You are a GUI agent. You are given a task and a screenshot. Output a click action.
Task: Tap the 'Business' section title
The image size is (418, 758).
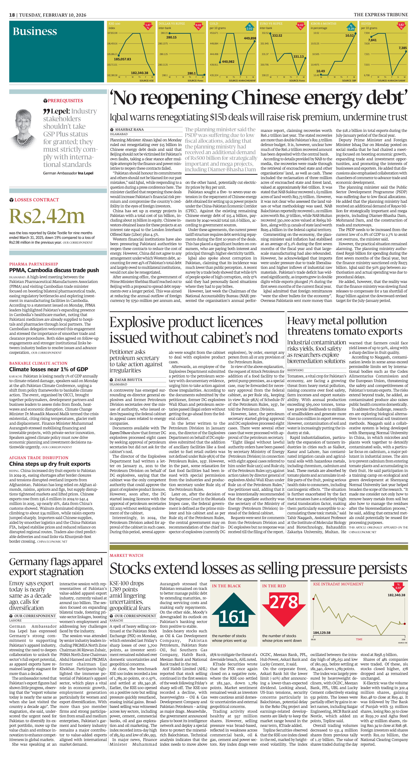pyautogui.click(x=35, y=31)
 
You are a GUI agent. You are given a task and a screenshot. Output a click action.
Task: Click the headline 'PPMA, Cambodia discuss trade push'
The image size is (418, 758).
pyautogui.click(x=54, y=270)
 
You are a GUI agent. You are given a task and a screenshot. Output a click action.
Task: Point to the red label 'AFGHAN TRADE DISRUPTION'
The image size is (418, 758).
pyautogui.click(x=39, y=458)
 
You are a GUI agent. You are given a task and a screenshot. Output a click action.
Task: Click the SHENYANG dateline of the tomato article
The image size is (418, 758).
pyautogui.click(x=295, y=370)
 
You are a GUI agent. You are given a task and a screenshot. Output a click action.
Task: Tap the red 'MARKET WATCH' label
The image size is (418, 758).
pyautogui.click(x=126, y=555)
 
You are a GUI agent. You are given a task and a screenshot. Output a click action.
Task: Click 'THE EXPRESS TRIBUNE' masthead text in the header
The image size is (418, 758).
pyautogui.click(x=381, y=15)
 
